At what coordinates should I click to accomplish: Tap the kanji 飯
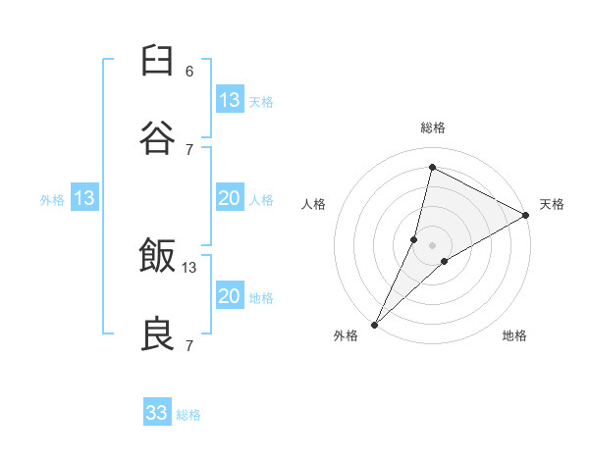157,257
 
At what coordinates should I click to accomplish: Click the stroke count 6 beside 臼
189,72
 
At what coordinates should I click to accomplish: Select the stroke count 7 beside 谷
189,149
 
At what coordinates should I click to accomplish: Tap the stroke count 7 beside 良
189,345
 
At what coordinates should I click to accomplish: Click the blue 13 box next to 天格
229,100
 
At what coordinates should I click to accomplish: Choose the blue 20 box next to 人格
229,198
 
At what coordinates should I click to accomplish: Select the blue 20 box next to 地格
229,296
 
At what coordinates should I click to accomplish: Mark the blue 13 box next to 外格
84,198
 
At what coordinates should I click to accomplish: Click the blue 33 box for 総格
157,413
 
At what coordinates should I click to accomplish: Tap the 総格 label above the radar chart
432,128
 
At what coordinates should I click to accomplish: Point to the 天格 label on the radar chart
552,204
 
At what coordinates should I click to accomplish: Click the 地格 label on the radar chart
514,335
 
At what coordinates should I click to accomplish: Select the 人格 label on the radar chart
313,204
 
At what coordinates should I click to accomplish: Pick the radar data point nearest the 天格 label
526,215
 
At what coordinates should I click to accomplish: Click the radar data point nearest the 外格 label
374,325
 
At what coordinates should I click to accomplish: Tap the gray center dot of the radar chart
432,244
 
